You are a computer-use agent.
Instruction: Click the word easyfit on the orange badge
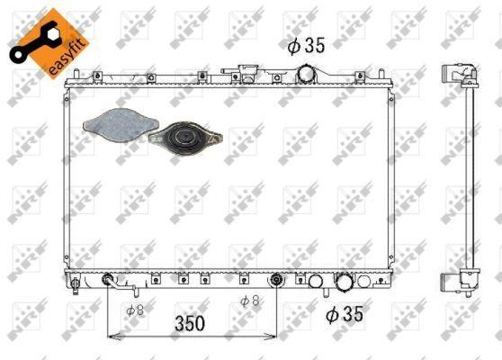point(68,57)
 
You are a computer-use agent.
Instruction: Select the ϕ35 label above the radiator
point(306,46)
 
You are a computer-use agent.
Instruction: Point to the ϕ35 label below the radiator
point(345,314)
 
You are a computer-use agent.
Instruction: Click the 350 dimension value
point(190,323)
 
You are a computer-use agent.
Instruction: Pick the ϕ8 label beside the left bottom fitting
point(135,310)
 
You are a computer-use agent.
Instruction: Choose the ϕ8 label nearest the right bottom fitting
point(250,301)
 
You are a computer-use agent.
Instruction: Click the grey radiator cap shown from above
point(121,125)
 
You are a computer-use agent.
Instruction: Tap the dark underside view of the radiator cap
point(185,138)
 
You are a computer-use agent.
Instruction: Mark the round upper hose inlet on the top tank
point(306,75)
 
